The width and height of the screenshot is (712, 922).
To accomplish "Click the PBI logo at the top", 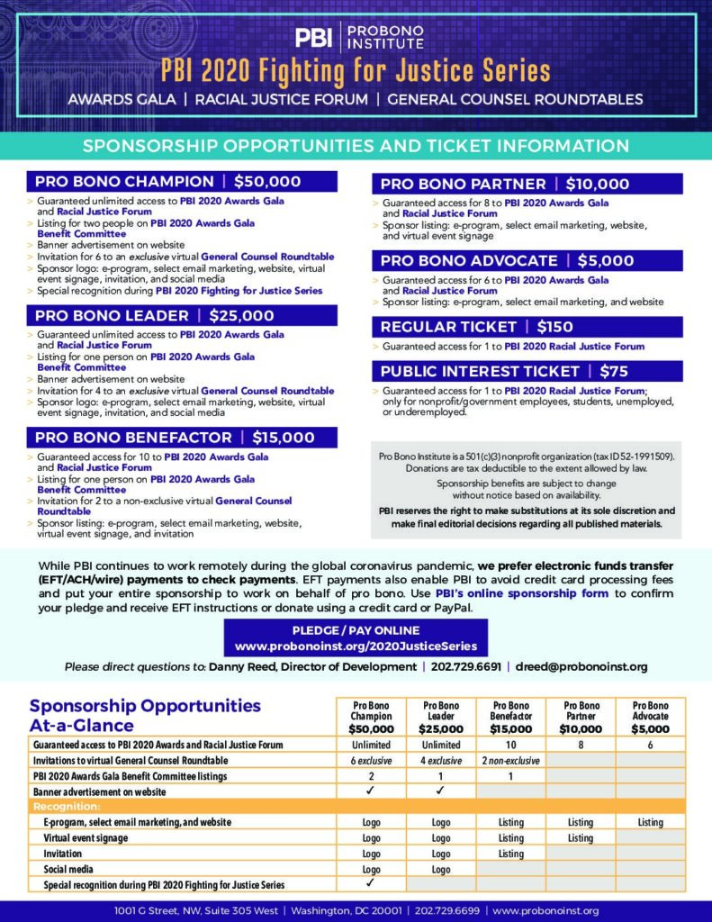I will [x=313, y=37].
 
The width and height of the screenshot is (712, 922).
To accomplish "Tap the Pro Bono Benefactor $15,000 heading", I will [x=176, y=438].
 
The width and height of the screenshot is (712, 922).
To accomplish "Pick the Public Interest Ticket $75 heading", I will [x=504, y=371].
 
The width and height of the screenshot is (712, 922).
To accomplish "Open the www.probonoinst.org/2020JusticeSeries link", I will [x=356, y=646].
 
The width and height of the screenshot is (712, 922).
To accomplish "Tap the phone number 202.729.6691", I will [x=466, y=666].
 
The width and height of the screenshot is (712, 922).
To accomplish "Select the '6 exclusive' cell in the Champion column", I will [x=370, y=761].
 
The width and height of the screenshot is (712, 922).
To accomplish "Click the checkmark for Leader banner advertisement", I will [x=440, y=791].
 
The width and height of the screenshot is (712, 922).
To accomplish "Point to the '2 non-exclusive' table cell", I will [x=510, y=761].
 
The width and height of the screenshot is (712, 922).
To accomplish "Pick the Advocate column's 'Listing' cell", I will [x=650, y=822].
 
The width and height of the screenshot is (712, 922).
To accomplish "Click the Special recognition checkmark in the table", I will [x=370, y=884].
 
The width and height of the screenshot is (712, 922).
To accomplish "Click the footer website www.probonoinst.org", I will [x=546, y=911].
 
